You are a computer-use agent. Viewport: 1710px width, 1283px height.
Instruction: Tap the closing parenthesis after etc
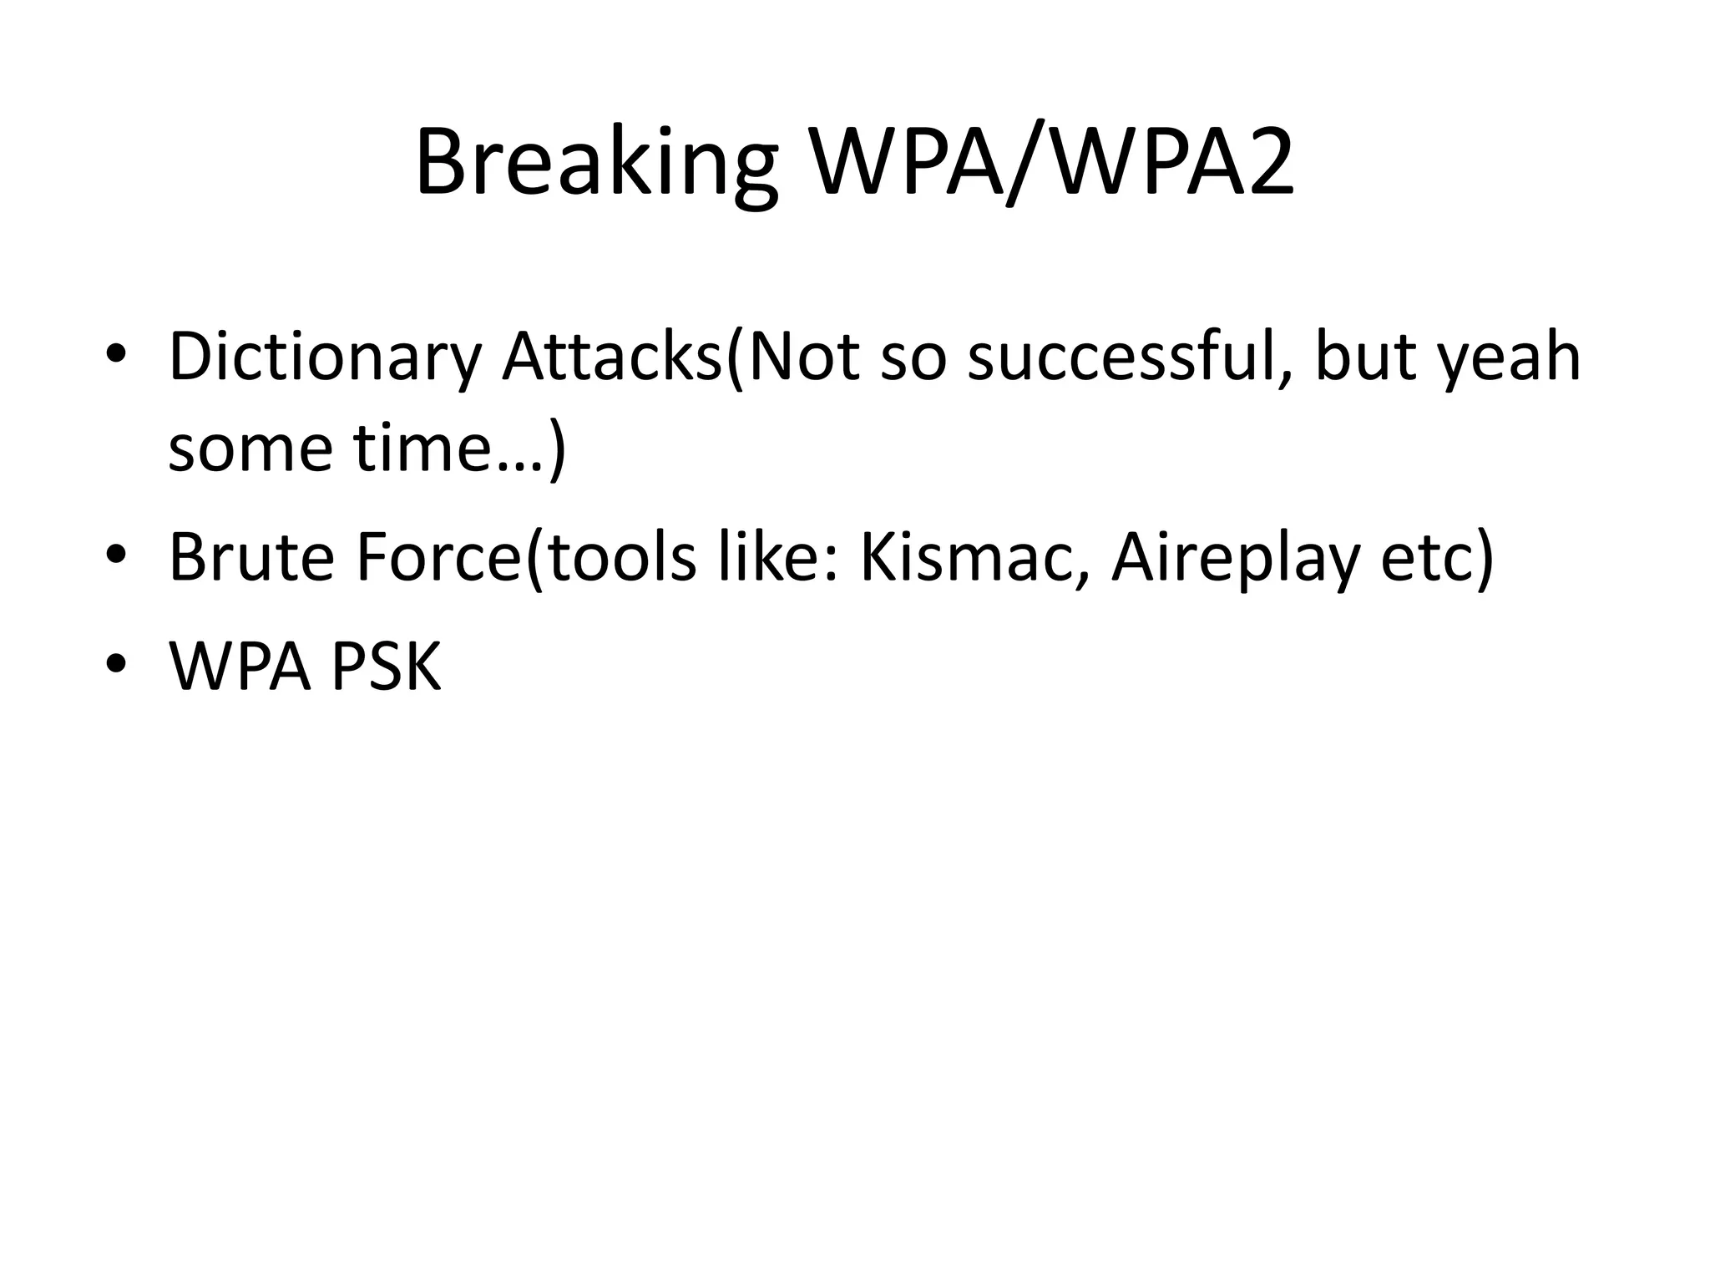point(1484,557)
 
